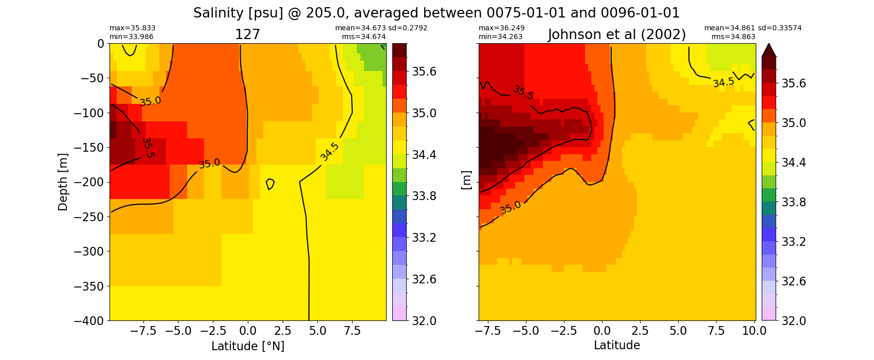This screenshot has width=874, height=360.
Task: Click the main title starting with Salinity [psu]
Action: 436,13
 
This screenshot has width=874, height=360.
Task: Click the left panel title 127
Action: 247,34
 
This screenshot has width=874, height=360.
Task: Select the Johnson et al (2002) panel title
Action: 617,34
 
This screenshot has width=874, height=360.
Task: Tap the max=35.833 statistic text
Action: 132,28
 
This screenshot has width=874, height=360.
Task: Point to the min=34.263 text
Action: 501,37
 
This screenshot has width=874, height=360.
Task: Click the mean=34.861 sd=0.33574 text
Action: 753,28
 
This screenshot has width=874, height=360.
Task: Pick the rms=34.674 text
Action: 363,37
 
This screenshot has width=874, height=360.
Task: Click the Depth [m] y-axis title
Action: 63,182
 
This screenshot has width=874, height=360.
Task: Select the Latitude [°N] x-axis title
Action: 248,346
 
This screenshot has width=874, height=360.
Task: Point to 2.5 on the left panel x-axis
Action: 282,331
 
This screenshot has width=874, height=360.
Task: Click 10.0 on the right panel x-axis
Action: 754,331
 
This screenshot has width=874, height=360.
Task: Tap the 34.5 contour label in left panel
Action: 330,152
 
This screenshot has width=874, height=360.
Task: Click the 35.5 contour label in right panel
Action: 523,93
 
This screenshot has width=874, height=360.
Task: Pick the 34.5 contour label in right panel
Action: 723,82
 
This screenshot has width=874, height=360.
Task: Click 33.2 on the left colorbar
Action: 423,238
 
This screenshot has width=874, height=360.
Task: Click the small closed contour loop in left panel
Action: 270,184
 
